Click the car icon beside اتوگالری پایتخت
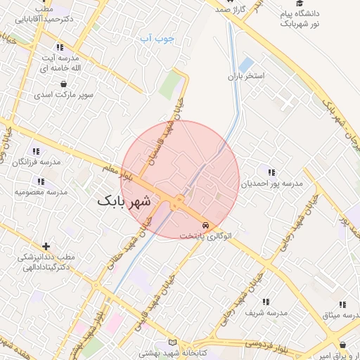click(x=205, y=225)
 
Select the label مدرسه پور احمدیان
click(x=272, y=184)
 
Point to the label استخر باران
click(x=245, y=75)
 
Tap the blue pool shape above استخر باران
click(x=245, y=64)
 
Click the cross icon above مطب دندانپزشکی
click(x=46, y=246)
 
